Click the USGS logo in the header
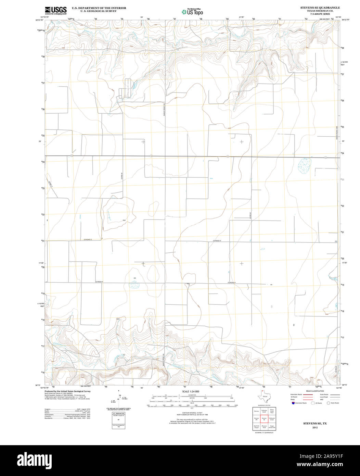[x=55, y=10]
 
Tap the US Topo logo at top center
[x=192, y=12]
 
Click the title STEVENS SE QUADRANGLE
[x=315, y=7]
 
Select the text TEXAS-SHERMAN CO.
[x=315, y=11]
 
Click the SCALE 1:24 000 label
[x=191, y=391]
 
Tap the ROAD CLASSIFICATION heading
[x=315, y=391]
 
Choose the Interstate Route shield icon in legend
[x=293, y=403]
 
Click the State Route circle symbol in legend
[x=328, y=403]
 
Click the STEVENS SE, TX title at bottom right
[x=315, y=424]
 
